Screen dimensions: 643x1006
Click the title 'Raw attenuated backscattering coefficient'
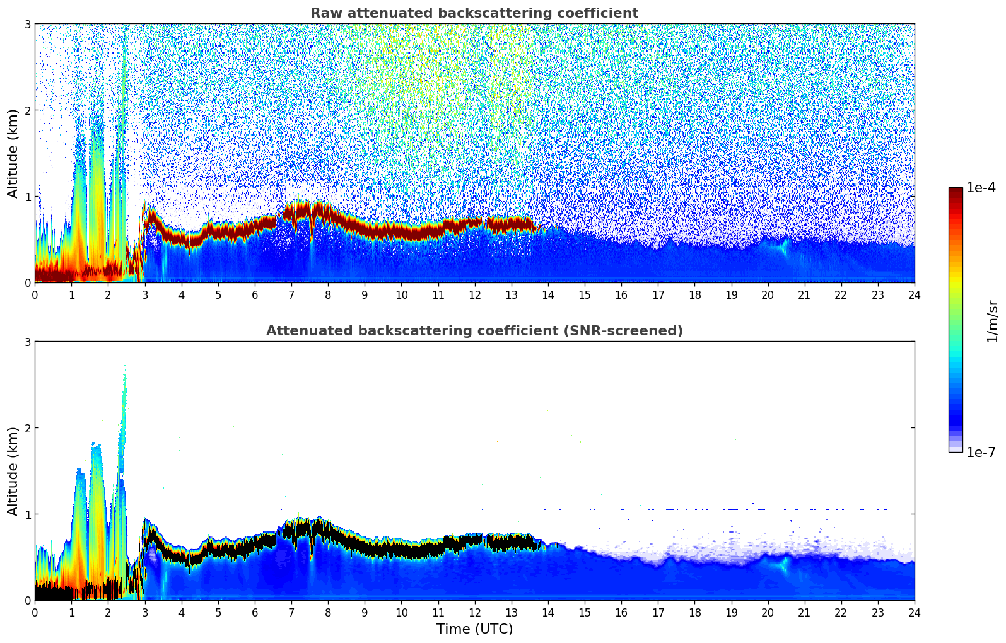(x=474, y=13)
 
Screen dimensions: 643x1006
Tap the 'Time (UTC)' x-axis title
(x=474, y=629)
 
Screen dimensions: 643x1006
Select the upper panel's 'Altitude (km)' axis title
(x=13, y=153)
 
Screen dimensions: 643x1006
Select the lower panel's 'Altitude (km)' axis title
(x=13, y=471)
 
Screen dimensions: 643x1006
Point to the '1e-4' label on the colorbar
(x=981, y=188)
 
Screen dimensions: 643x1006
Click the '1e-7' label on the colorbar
(x=981, y=452)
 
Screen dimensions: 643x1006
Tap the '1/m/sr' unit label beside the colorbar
(x=992, y=321)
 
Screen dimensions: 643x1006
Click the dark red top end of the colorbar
(x=955, y=190)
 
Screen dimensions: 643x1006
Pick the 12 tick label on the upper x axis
(x=474, y=294)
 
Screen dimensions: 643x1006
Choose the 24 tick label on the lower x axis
(x=914, y=612)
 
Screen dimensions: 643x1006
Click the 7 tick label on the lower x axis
(x=291, y=612)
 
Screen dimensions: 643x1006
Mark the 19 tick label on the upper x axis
(x=731, y=294)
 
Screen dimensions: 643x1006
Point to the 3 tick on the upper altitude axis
(x=27, y=24)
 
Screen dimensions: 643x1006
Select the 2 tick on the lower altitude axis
(x=27, y=428)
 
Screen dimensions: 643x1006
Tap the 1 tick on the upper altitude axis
(x=27, y=197)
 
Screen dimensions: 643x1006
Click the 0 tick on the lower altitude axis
(x=27, y=601)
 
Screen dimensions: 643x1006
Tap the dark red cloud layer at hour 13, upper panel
(x=511, y=224)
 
